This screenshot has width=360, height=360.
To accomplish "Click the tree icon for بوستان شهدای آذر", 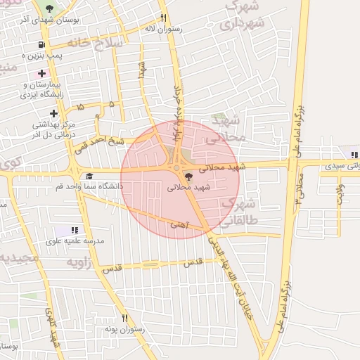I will pyautogui.click(x=49, y=8).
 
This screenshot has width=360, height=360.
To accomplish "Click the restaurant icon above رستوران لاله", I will pyautogui.click(x=163, y=18).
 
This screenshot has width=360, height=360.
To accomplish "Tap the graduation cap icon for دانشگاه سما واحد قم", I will pyautogui.click(x=89, y=176).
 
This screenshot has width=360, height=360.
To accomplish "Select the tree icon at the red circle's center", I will pyautogui.click(x=187, y=176).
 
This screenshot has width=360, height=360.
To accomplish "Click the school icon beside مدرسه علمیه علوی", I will pyautogui.click(x=75, y=230).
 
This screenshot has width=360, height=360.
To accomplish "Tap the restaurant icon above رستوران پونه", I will pyautogui.click(x=125, y=318).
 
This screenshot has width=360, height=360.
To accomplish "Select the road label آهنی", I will pyautogui.click(x=179, y=224).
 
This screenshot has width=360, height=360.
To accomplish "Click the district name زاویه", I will pyautogui.click(x=80, y=262).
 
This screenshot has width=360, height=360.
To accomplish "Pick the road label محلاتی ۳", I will pyautogui.click(x=300, y=189).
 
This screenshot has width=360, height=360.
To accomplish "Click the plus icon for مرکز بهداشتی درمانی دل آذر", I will pyautogui.click(x=53, y=113).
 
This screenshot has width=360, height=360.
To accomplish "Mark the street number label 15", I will pyautogui.click(x=79, y=107).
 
